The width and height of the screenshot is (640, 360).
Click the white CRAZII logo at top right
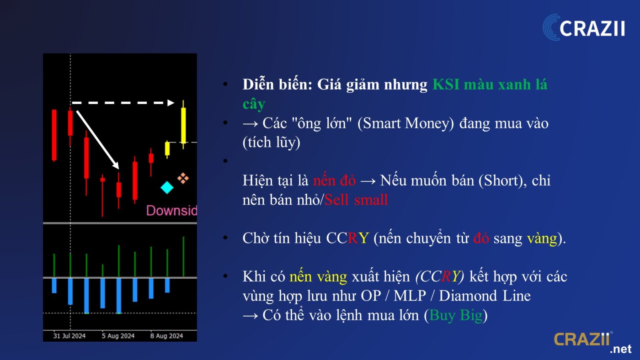[x=584, y=27]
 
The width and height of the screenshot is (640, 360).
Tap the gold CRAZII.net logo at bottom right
[x=592, y=343]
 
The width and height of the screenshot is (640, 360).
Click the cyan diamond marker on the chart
[x=167, y=188]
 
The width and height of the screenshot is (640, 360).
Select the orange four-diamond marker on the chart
[x=183, y=179]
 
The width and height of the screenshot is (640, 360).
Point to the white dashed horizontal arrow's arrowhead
[x=171, y=103]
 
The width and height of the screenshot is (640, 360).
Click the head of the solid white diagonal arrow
[x=116, y=165]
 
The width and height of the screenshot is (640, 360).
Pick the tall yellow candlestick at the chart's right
[x=183, y=125]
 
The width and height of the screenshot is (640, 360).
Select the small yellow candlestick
[x=167, y=149]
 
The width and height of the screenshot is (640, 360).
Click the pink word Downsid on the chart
[x=171, y=211]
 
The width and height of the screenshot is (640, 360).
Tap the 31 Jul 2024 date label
[x=69, y=336]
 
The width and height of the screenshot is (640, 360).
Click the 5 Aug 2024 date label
[x=118, y=336]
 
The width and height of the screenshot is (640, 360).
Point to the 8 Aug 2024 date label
[x=166, y=336]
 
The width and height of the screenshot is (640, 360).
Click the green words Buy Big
[x=456, y=316]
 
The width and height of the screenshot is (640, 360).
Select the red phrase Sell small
[x=356, y=199]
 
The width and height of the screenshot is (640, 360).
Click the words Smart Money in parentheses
[x=405, y=123]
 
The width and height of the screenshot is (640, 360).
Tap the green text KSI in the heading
[x=446, y=85]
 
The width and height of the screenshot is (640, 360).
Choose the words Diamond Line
[x=485, y=296]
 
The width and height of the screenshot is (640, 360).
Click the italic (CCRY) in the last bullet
[x=440, y=277]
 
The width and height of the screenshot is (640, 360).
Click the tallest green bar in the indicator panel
[x=183, y=256]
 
